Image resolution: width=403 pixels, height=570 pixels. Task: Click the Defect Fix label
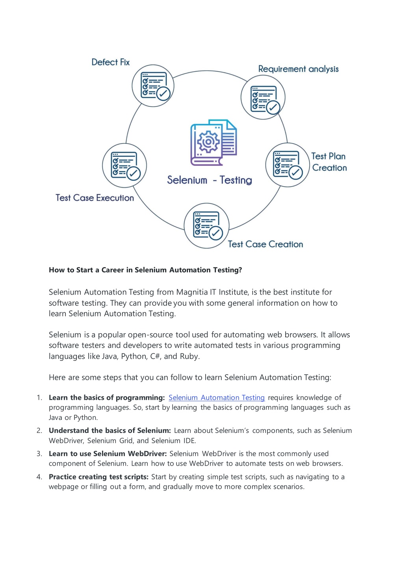pyautogui.click(x=110, y=62)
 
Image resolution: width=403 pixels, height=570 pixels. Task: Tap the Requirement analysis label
pyautogui.click(x=298, y=69)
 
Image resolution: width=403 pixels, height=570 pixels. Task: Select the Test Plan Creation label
pyautogui.click(x=329, y=162)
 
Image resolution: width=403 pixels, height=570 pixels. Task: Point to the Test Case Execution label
pyautogui.click(x=95, y=198)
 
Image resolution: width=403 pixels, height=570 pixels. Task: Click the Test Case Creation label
pyautogui.click(x=266, y=244)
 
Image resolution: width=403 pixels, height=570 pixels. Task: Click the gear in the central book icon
pyautogui.click(x=208, y=142)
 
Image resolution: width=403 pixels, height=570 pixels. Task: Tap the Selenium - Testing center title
pyautogui.click(x=210, y=180)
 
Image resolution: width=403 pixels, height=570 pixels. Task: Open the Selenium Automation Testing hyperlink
pyautogui.click(x=217, y=397)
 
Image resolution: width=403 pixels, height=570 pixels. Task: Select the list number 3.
pyautogui.click(x=39, y=454)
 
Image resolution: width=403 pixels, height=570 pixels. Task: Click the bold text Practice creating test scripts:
pyautogui.click(x=98, y=477)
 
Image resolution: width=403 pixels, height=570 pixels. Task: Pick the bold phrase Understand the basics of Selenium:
pyautogui.click(x=110, y=431)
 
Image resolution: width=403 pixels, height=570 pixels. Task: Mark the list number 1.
pyautogui.click(x=39, y=398)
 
